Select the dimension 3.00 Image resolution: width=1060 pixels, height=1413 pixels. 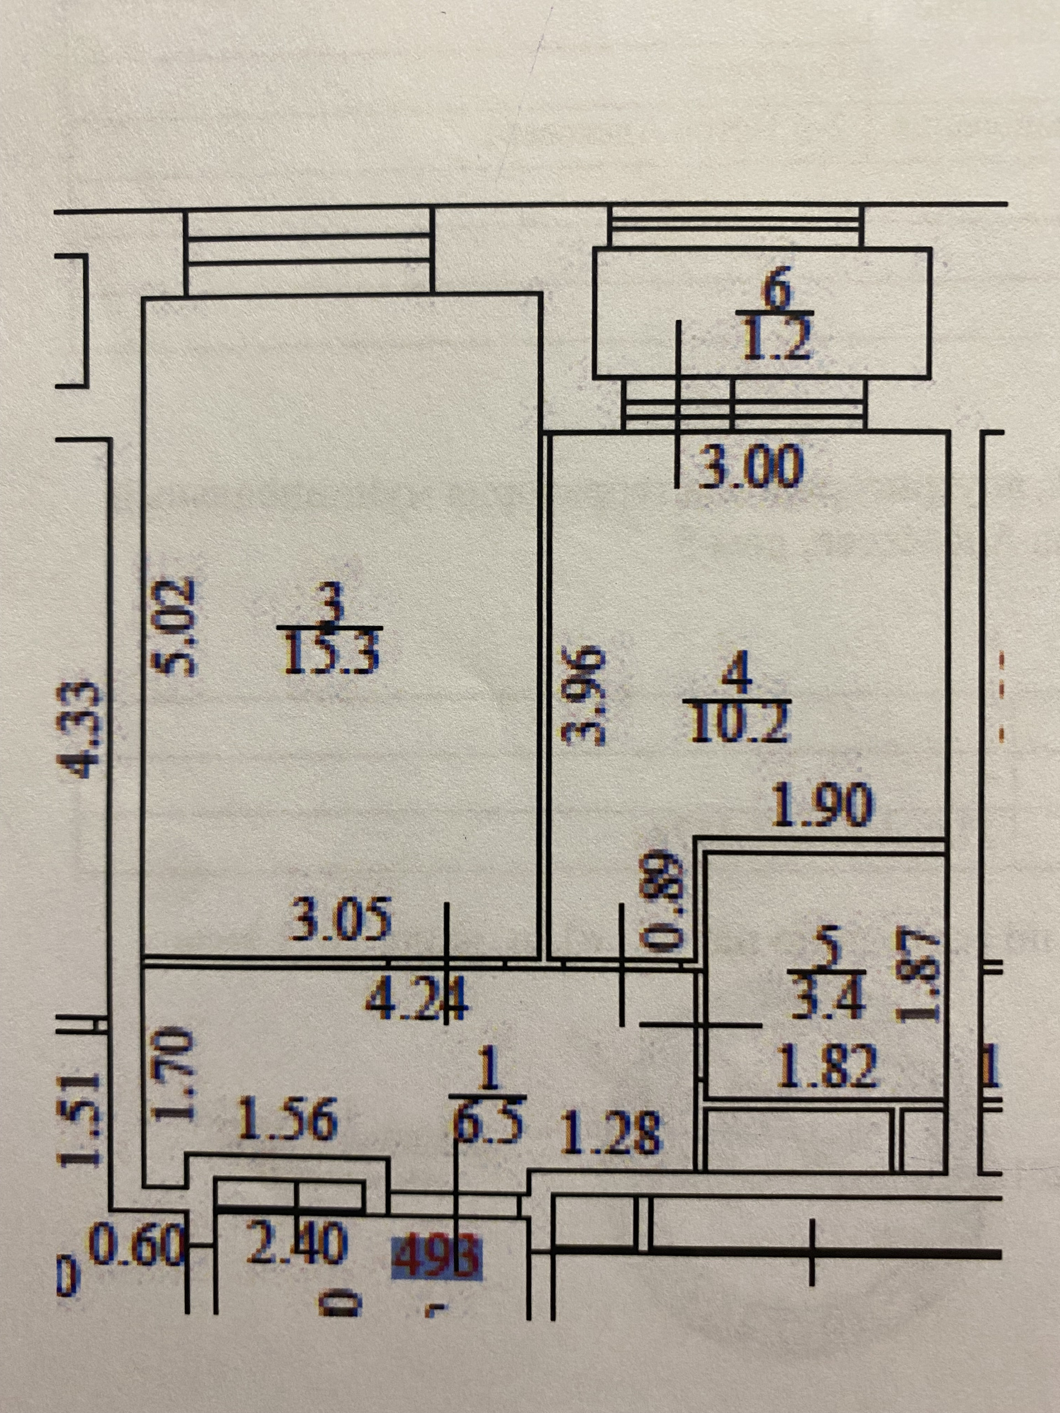tap(749, 468)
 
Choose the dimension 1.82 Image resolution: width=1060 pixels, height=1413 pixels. tap(828, 1067)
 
